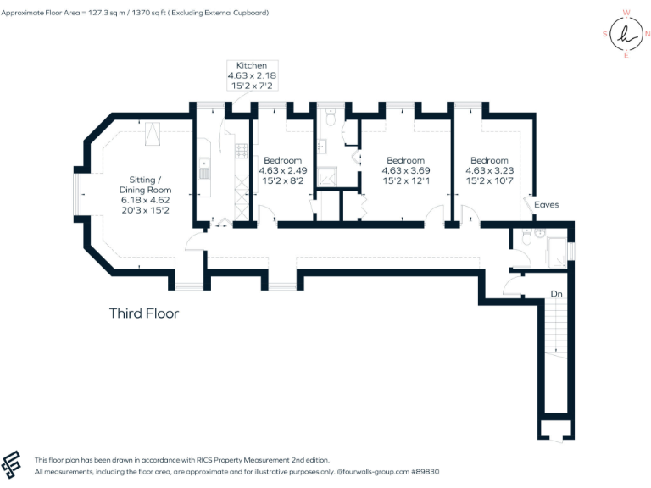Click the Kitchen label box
point(251,75)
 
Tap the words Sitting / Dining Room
point(149,185)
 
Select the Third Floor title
point(144,313)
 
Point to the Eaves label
point(546,205)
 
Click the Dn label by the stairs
point(556,293)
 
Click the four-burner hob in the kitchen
point(240,152)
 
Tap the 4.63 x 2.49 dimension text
point(282,170)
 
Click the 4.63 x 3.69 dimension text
point(405,170)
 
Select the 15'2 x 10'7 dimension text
point(489,180)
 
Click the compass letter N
point(647,35)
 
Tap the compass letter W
point(626,13)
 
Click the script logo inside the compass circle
point(626,34)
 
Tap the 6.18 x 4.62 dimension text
point(149,200)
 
